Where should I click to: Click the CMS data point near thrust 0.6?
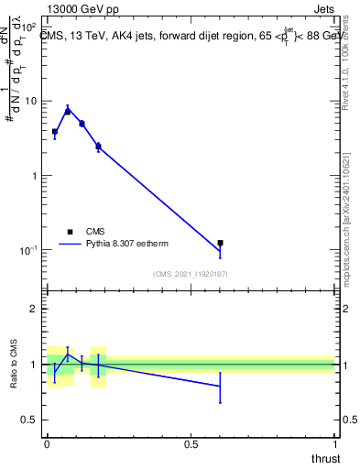[x=220, y=243]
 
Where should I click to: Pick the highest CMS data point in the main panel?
[x=68, y=111]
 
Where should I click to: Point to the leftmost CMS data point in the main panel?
[x=55, y=132]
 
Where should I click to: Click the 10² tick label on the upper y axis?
[x=29, y=27]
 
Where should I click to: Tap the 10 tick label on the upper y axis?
[x=31, y=101]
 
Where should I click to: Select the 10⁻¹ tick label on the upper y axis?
[x=28, y=250]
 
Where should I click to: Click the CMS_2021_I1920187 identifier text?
[x=191, y=274]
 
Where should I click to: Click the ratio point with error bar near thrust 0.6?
[x=220, y=387]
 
